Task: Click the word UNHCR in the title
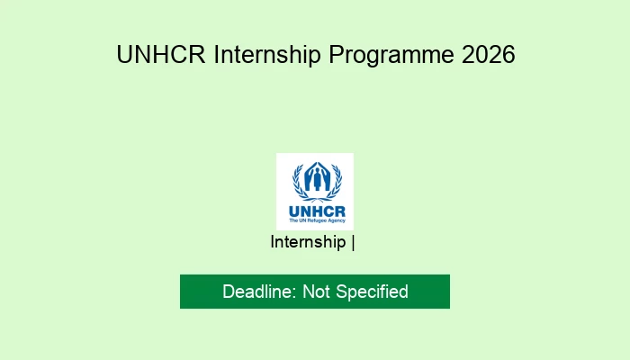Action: (161, 54)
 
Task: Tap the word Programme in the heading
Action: (391, 56)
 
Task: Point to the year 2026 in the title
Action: (488, 54)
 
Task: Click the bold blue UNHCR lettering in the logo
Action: (317, 211)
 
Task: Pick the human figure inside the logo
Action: (318, 179)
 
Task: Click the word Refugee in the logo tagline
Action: (317, 220)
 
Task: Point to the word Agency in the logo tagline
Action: (336, 220)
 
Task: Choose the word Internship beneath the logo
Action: (308, 242)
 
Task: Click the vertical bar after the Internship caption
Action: (353, 243)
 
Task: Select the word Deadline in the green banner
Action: (257, 292)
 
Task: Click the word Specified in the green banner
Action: (372, 292)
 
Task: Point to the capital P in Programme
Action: (337, 54)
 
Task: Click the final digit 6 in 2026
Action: (508, 54)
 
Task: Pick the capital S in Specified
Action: (342, 292)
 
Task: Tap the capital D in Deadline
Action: (229, 292)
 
